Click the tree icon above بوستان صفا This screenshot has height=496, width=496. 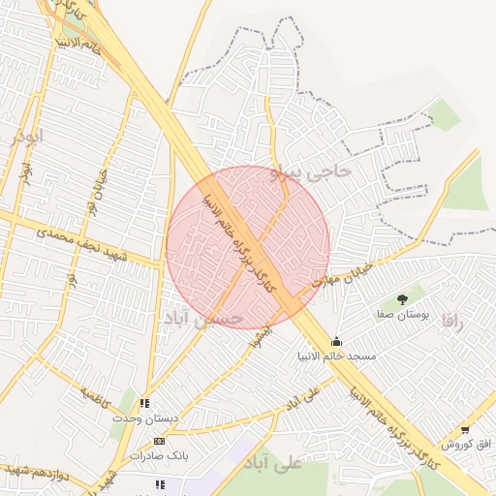click(x=402, y=299)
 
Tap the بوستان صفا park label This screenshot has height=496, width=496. click(x=404, y=316)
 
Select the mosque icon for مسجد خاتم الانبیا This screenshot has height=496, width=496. click(x=336, y=341)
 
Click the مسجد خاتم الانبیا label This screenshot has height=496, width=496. click(x=337, y=357)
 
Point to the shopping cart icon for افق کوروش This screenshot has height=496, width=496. click(x=465, y=429)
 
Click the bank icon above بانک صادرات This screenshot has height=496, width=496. click(x=159, y=441)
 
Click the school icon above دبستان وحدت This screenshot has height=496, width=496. click(x=144, y=403)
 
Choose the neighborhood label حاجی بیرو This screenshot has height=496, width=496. click(x=311, y=170)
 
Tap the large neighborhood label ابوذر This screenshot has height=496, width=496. click(x=27, y=136)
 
